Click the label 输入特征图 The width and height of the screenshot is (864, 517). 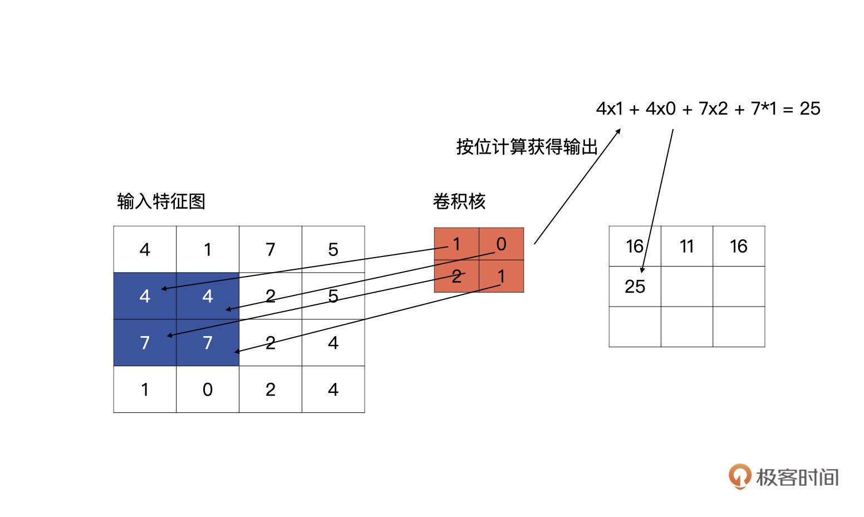point(161,201)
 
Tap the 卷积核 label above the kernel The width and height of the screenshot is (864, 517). point(459,201)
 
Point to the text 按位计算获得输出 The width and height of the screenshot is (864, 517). point(526,147)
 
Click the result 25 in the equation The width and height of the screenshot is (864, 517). point(809,109)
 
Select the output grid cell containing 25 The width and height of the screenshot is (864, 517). point(635,286)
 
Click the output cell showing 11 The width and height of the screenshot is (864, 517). point(686,246)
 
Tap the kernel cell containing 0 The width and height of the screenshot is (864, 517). point(501,244)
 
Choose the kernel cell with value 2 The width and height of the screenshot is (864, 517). point(456,276)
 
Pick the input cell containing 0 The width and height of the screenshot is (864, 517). point(208,390)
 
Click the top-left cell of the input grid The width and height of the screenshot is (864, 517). point(145,249)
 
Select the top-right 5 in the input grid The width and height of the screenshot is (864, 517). point(333,249)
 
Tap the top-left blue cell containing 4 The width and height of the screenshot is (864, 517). point(145,296)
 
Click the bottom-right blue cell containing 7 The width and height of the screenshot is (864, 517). point(208,343)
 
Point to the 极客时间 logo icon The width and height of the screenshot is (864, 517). point(740,476)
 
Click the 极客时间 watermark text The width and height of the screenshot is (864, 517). point(797,477)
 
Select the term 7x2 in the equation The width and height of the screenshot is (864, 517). point(713,109)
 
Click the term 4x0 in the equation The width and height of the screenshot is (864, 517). point(660,109)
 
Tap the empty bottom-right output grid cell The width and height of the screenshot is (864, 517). point(739,327)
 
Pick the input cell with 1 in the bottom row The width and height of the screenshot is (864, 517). point(145,390)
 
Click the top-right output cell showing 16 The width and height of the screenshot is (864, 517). point(739,246)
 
